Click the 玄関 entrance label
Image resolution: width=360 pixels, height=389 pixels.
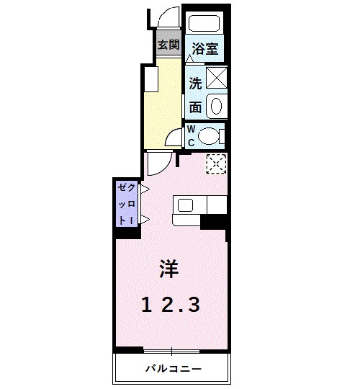(168, 45)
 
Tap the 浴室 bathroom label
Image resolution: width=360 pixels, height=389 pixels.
(204, 50)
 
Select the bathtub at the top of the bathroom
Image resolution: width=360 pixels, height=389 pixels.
(204, 24)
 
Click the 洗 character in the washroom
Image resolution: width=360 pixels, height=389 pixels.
(195, 82)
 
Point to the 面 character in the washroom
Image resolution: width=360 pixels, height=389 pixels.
(195, 107)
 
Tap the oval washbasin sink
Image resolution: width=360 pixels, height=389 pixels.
(217, 107)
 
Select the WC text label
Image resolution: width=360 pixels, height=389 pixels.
(192, 135)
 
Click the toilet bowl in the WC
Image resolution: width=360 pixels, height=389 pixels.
(211, 135)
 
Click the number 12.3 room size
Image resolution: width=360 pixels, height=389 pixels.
(171, 305)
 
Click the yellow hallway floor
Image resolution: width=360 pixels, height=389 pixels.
(160, 101)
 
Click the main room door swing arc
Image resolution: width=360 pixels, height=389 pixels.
(157, 164)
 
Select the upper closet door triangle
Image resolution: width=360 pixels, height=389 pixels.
(144, 189)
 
